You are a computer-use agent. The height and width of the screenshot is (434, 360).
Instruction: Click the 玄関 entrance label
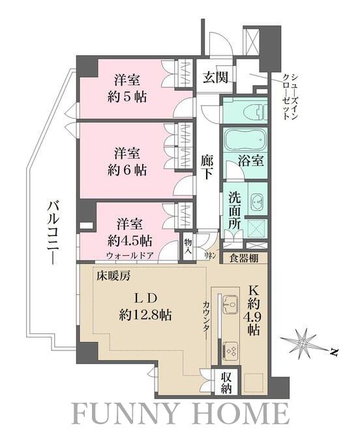(x=215, y=78)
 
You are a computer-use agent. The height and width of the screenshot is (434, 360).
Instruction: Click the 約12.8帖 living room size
(x=144, y=314)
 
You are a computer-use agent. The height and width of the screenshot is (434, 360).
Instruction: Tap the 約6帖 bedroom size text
(x=128, y=170)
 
